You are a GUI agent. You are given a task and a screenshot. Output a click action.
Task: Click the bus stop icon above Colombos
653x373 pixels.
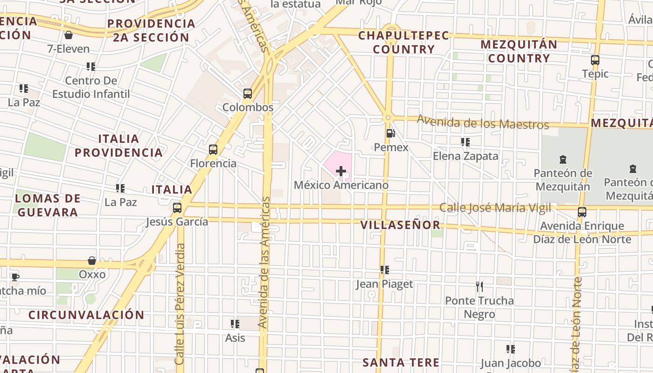(x=248, y=94)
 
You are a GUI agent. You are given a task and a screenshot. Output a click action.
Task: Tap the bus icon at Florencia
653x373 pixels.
(x=213, y=150)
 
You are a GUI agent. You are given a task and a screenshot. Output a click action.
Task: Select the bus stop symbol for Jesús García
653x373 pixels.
(x=177, y=208)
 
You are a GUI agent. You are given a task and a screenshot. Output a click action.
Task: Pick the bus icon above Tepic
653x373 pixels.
(x=595, y=60)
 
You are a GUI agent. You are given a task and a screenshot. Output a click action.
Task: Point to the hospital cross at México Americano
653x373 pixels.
(x=341, y=171)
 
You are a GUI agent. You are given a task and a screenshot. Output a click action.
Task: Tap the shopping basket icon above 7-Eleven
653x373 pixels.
(x=69, y=35)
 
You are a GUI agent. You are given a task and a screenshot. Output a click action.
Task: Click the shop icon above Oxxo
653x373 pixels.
(x=92, y=261)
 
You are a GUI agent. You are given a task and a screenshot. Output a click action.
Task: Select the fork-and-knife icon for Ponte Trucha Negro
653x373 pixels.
(x=479, y=286)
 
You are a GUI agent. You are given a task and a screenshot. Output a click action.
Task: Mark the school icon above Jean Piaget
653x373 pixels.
(x=385, y=270)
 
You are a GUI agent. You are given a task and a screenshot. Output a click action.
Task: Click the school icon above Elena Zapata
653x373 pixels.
(x=465, y=142)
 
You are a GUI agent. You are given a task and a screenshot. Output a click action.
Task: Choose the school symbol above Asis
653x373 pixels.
(x=235, y=324)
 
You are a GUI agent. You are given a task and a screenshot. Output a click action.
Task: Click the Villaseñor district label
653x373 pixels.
(x=400, y=225)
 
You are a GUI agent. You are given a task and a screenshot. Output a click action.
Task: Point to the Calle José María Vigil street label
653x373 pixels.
(x=495, y=207)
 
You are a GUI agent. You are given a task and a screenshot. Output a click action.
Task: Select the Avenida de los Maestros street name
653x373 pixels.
(x=483, y=122)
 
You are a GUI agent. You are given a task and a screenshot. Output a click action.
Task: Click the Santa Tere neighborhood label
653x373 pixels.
(x=401, y=362)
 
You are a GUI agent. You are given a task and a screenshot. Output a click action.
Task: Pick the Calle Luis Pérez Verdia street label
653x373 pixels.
(x=180, y=303)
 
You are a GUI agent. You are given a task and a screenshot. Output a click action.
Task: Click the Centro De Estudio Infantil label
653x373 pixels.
(x=91, y=87)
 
